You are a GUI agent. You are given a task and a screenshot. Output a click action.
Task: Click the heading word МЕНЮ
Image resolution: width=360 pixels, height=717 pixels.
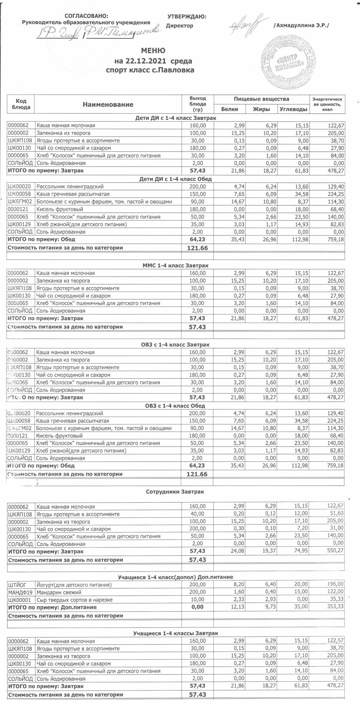coord(153,50)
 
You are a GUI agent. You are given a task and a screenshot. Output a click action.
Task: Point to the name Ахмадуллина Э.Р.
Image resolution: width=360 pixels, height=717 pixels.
coord(301,25)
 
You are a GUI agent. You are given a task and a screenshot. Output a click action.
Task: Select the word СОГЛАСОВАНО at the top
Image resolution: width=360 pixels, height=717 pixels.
coord(86,16)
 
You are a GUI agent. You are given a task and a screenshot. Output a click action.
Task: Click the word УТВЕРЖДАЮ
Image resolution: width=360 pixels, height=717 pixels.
coord(187,16)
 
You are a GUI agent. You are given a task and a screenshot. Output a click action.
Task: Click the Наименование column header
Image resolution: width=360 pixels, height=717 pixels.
coord(108,104)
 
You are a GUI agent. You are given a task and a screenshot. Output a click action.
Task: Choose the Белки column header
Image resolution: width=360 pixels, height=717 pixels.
coord(229,109)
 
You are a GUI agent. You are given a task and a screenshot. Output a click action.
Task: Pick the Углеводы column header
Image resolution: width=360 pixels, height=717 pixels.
coord(293,109)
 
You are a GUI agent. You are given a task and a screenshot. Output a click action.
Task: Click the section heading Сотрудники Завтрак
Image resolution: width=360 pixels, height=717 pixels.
coord(175,492)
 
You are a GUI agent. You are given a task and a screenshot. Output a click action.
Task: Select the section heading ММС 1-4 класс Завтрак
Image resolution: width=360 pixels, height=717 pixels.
coord(175,265)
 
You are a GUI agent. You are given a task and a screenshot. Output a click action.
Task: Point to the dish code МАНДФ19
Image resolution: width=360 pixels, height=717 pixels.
coord(20,592)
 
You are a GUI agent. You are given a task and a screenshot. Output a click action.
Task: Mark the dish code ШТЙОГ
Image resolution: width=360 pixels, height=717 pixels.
coord(17,585)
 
